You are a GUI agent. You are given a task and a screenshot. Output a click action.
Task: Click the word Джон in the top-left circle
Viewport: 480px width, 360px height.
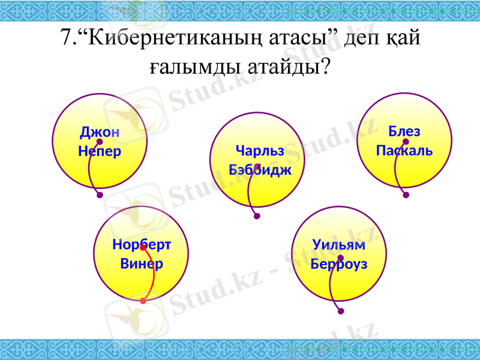point(100,132)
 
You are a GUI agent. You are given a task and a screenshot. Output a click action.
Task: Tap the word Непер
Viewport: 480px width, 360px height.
point(100,151)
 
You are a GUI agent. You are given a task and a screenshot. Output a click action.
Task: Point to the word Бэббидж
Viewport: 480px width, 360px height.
point(260,169)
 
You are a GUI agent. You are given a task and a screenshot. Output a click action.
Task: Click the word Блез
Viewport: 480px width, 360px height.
point(404,131)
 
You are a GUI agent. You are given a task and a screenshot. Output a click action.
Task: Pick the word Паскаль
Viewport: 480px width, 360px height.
point(404,150)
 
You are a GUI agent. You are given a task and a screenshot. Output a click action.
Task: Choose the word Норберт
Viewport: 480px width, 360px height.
point(142,245)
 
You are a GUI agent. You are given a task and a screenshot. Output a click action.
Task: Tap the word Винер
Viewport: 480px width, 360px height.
point(142,263)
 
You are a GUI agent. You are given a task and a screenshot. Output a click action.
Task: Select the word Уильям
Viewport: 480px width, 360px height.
point(339,245)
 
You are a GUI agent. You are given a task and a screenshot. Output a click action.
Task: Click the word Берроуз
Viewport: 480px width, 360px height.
point(339,264)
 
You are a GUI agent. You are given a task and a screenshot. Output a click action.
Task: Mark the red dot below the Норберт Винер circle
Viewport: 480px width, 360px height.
point(143,301)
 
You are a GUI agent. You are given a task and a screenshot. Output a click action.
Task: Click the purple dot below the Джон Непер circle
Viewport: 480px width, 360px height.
point(100,195)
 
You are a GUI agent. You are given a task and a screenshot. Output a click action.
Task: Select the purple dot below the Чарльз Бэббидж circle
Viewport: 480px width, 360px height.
point(257,217)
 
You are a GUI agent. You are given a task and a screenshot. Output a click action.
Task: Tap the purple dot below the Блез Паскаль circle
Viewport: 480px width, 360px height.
point(406,195)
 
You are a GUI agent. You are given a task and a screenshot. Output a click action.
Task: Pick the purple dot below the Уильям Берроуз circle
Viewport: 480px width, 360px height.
point(341,311)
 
